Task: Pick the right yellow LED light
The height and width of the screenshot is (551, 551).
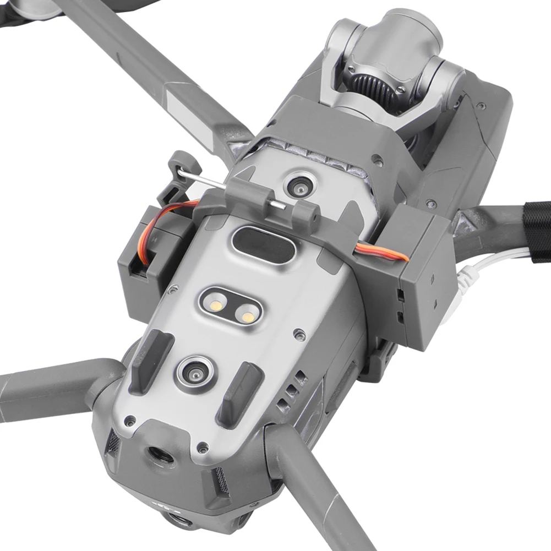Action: (248, 316)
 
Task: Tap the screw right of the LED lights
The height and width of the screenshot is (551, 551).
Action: (299, 333)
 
